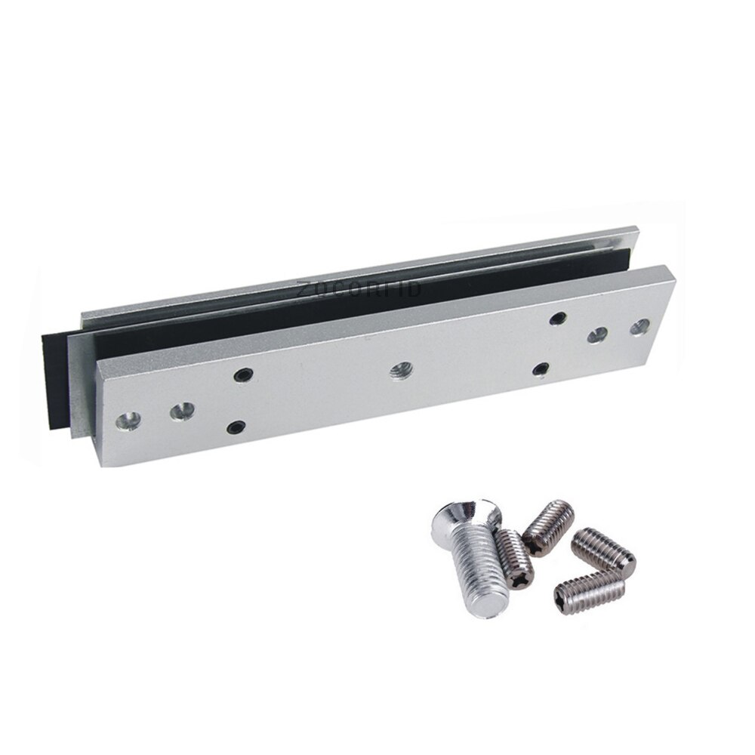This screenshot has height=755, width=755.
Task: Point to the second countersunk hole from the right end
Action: (x=597, y=336)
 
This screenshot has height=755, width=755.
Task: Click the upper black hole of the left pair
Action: (x=241, y=374)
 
